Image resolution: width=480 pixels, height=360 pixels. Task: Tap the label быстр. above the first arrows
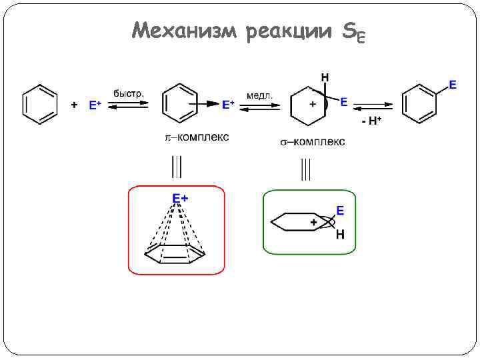(129, 93)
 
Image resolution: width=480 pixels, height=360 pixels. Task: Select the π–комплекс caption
(197, 137)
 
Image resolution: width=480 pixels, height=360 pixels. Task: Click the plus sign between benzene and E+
(74, 105)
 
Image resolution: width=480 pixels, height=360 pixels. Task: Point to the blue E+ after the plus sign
(95, 105)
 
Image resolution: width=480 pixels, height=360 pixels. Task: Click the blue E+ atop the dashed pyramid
(180, 198)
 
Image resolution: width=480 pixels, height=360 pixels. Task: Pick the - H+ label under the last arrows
(371, 121)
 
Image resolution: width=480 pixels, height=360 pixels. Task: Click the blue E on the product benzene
(453, 85)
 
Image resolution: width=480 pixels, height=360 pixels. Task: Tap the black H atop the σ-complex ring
(325, 78)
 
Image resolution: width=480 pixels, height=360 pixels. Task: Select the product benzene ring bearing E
(420, 103)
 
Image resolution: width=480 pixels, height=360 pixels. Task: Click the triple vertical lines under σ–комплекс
(305, 169)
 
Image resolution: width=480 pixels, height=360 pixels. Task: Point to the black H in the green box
(340, 234)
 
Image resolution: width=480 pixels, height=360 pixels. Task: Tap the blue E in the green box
(340, 211)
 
